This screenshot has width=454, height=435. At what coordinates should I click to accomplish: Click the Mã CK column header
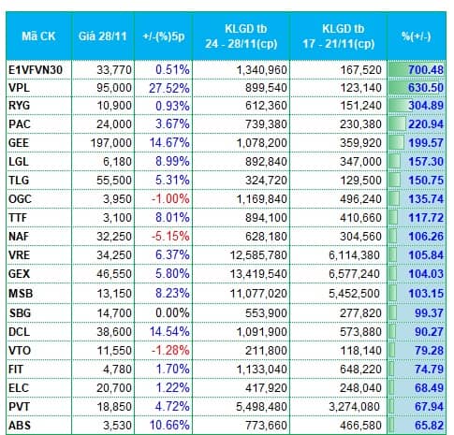tap(38, 36)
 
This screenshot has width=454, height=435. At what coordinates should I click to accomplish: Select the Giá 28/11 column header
tap(102, 36)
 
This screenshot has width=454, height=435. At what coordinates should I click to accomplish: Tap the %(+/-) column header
tap(417, 36)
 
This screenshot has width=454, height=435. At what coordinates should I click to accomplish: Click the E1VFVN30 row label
tap(36, 70)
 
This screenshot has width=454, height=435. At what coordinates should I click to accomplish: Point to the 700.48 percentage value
tap(426, 69)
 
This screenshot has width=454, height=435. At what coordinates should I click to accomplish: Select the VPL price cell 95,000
tap(114, 88)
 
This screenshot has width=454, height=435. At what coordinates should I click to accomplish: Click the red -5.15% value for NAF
tap(170, 237)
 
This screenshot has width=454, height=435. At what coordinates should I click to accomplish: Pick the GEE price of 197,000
tap(111, 143)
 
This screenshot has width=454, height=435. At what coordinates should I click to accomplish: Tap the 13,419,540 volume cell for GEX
tap(258, 274)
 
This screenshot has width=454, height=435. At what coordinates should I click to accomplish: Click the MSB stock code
tap(21, 294)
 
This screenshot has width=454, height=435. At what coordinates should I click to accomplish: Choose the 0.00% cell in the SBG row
tap(172, 312)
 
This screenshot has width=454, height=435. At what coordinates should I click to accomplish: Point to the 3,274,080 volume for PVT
tap(354, 407)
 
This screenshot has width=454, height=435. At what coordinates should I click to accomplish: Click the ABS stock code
tap(20, 426)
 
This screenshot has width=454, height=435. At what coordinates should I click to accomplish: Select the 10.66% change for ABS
tap(169, 426)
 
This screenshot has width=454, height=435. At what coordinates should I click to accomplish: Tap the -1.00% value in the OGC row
tap(170, 199)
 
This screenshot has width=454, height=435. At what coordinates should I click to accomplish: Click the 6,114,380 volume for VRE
tap(354, 255)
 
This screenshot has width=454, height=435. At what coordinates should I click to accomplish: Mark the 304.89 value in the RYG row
tap(426, 106)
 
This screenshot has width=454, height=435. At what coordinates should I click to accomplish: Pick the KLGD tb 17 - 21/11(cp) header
tap(339, 36)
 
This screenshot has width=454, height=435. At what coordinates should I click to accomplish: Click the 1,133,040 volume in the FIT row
tap(261, 370)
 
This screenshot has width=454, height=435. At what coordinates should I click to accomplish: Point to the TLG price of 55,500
tap(114, 181)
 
